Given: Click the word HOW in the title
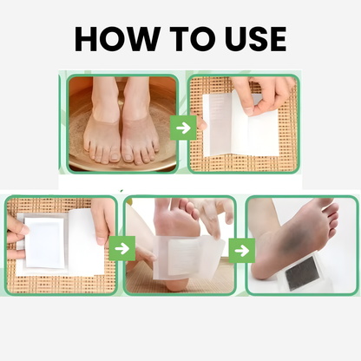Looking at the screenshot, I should (x=114, y=38).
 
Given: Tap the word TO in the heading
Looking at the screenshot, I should (x=183, y=38).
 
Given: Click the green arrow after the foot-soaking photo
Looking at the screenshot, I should (x=182, y=128).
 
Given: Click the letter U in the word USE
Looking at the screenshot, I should (x=223, y=38).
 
